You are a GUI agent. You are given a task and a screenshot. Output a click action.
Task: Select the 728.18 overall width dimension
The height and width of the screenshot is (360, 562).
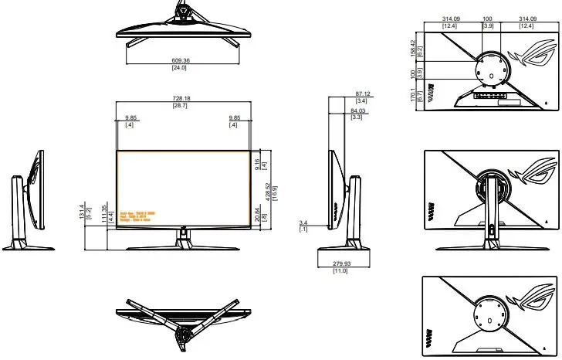coord(183,98)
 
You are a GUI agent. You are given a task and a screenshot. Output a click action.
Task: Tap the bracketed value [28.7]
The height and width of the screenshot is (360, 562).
coord(183,105)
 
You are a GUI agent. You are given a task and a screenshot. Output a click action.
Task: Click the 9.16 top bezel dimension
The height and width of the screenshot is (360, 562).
coord(266,163)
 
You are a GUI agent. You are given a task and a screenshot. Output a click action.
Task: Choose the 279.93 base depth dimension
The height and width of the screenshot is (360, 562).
coord(340,263)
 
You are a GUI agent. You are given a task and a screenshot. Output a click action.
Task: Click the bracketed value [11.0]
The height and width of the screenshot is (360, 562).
coord(340,271)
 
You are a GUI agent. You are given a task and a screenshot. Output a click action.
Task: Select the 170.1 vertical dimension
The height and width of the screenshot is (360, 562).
coord(413,96)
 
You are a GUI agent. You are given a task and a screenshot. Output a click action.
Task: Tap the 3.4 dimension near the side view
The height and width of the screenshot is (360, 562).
coord(303,223)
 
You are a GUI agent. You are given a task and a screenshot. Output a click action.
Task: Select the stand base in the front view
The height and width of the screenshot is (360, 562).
coord(183,245)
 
